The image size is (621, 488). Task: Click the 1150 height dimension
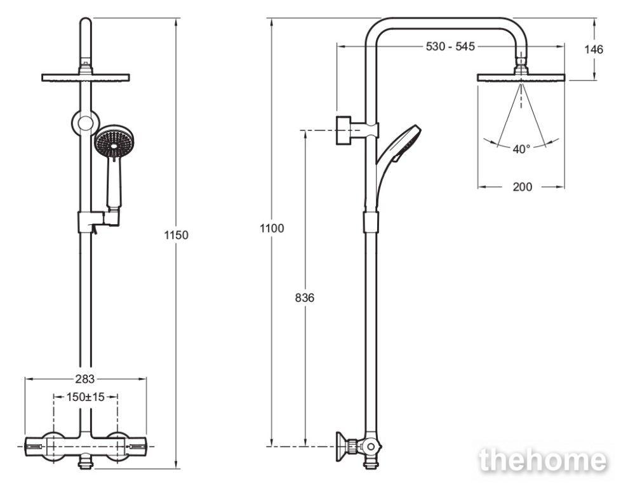pos(177,235)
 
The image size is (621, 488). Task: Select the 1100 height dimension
pos(272,228)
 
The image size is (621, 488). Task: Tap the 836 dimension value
pos(305,297)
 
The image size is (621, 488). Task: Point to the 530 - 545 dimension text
pos(450,46)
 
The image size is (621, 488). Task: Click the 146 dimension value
pos(594,50)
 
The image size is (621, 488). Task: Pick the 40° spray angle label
pos(521,149)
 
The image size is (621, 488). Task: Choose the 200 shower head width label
pos(523,187)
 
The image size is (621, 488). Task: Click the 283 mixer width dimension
pos(85,379)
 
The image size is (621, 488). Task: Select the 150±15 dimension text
pos(86,396)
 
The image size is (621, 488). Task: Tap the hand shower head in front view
pos(114,143)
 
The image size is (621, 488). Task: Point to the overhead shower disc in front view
pos(86,78)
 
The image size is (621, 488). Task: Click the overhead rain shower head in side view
pos(521,78)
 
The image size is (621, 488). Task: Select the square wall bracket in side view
pos(344,130)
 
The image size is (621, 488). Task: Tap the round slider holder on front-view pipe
pos(86,123)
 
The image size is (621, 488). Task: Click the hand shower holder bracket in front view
pos(98,221)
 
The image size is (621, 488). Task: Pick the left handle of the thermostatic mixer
pos(36,447)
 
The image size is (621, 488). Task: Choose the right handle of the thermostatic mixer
pos(137,447)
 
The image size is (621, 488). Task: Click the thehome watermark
pos(543,460)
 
